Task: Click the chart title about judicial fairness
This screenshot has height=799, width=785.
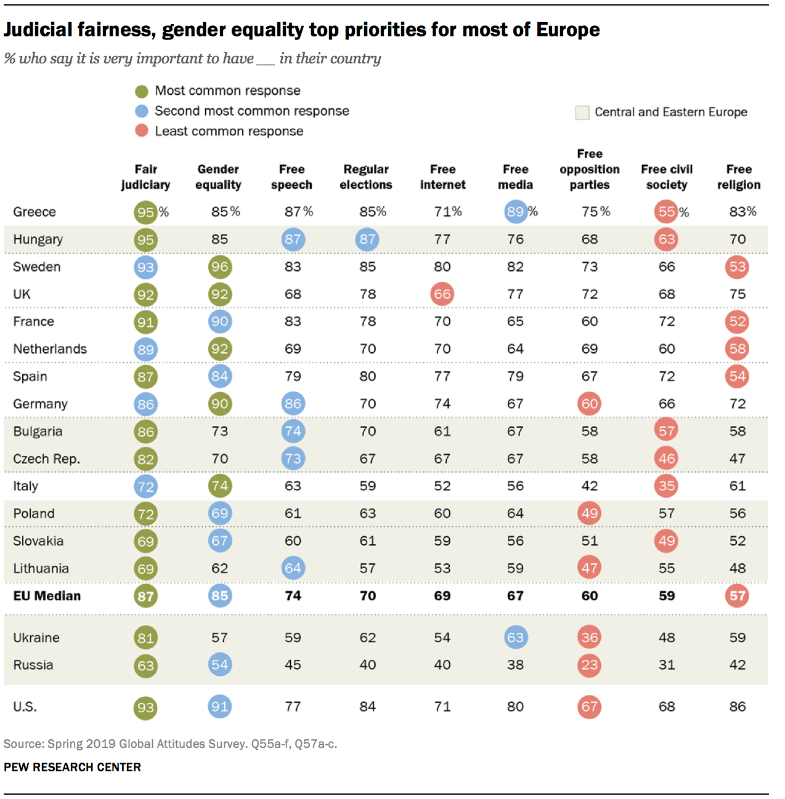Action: pyautogui.click(x=301, y=30)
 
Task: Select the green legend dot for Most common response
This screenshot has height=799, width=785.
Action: pyautogui.click(x=142, y=91)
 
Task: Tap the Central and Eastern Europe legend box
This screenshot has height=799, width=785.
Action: pyautogui.click(x=582, y=112)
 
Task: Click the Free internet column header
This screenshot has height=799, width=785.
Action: pyautogui.click(x=442, y=177)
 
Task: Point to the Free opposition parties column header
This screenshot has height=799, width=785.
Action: pyautogui.click(x=589, y=169)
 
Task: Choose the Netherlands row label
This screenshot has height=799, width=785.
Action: pyautogui.click(x=50, y=349)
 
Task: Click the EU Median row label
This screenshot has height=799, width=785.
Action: pyautogui.click(x=47, y=596)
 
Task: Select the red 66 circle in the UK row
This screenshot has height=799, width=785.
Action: pyautogui.click(x=442, y=294)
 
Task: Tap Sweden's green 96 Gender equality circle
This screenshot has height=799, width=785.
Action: pyautogui.click(x=219, y=267)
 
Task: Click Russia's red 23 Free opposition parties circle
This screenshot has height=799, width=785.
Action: pyautogui.click(x=589, y=665)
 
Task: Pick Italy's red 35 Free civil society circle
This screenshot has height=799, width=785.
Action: pyautogui.click(x=666, y=486)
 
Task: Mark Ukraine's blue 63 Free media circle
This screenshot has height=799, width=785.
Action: pyautogui.click(x=515, y=638)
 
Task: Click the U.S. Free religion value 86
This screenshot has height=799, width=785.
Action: pyautogui.click(x=738, y=707)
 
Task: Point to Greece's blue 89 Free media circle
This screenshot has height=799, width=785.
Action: pyautogui.click(x=515, y=212)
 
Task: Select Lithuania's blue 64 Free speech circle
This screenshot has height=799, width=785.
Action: pyautogui.click(x=293, y=568)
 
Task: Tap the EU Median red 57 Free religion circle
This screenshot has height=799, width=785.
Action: pyautogui.click(x=738, y=596)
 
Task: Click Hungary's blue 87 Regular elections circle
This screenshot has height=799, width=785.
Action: pyautogui.click(x=367, y=239)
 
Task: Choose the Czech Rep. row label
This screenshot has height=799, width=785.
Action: pyautogui.click(x=46, y=459)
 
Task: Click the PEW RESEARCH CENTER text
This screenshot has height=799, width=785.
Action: pyautogui.click(x=72, y=767)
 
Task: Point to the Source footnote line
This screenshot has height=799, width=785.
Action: pyautogui.click(x=170, y=744)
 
